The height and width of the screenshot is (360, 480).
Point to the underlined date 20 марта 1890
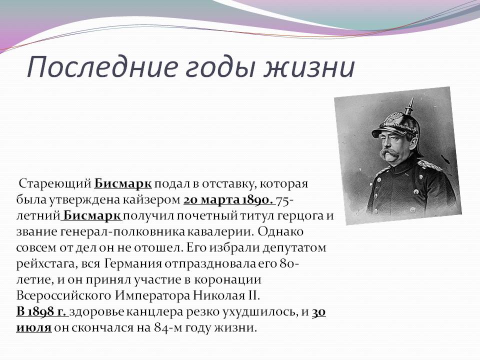pos(228,200)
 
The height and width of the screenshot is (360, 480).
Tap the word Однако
pos(280,231)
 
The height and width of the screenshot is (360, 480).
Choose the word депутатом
pos(294,248)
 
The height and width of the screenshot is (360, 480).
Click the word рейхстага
pos(45,264)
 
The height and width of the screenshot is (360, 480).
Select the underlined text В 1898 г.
pos(41,312)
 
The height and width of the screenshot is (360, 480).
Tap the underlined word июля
pos(33,328)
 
